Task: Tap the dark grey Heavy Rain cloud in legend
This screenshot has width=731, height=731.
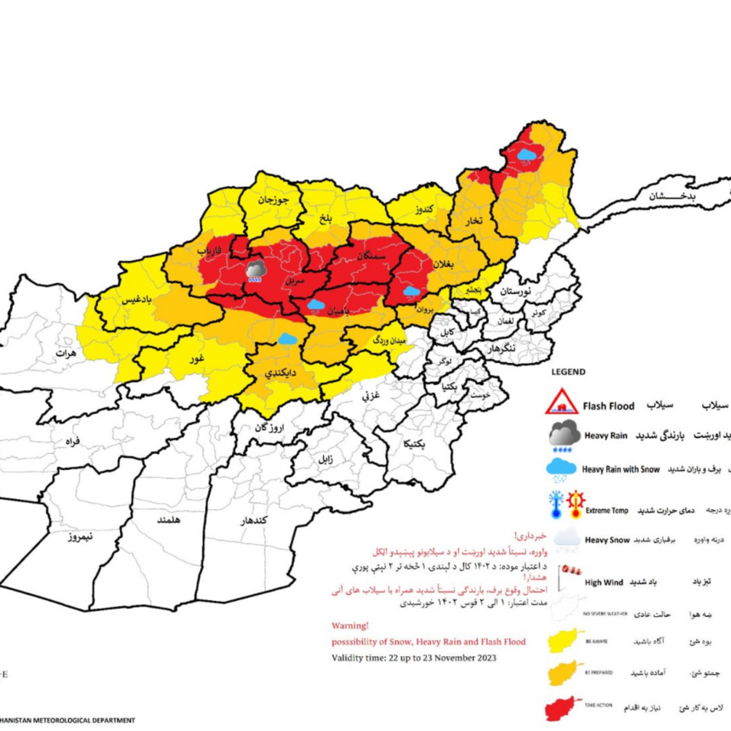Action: pos(564,434)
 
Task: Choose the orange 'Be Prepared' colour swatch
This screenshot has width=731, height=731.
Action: pos(566,671)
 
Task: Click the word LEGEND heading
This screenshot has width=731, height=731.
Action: pos(569,372)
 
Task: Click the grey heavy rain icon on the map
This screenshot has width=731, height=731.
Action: pos(254,271)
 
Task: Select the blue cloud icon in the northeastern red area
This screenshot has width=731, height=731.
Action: pos(527,155)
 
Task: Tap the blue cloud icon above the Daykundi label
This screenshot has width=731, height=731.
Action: pos(287,338)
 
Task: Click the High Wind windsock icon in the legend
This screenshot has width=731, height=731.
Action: pos(564,573)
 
